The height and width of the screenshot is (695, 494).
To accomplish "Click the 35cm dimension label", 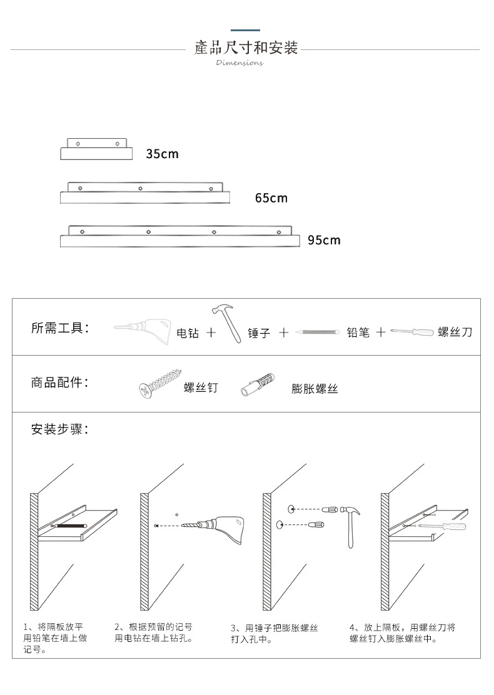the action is coord(162,154).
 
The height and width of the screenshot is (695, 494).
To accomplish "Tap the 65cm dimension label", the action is coord(271,198).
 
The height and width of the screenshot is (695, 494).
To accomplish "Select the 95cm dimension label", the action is coord(324,240).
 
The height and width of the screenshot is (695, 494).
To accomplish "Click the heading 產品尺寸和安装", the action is coord(246,47).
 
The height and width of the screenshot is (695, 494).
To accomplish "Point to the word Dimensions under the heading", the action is coord(239,62).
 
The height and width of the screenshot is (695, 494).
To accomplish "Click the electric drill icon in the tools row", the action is coord(143,331).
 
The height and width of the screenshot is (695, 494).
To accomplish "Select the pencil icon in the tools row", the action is coord(316,332).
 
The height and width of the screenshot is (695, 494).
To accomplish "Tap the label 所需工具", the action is coord(60,328).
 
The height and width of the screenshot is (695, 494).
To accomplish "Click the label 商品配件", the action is coord(60,382).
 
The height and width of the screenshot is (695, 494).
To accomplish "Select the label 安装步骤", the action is coord(60,429).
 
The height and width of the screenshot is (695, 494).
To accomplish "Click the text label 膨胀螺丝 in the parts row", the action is coord(315,389).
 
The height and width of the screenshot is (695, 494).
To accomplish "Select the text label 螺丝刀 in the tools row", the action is coord(455,332).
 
